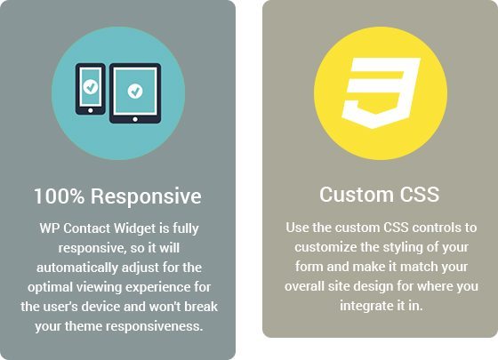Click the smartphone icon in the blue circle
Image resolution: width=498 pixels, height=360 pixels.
(90, 89)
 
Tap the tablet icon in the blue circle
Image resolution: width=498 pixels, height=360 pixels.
(135, 93)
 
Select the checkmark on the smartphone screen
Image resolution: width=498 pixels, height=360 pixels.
(91, 86)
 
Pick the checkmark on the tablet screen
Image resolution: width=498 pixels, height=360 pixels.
(135, 91)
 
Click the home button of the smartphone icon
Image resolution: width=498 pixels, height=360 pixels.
(91, 110)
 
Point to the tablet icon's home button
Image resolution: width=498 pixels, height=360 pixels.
(135, 119)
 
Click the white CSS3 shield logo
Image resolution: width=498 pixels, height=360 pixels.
(381, 93)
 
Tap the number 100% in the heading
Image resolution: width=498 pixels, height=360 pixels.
(60, 196)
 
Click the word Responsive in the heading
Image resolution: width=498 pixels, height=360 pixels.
(146, 197)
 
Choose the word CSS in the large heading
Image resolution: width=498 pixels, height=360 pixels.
(419, 195)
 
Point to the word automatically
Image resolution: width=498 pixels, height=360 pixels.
(77, 268)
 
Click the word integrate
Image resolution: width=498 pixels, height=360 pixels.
(365, 307)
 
